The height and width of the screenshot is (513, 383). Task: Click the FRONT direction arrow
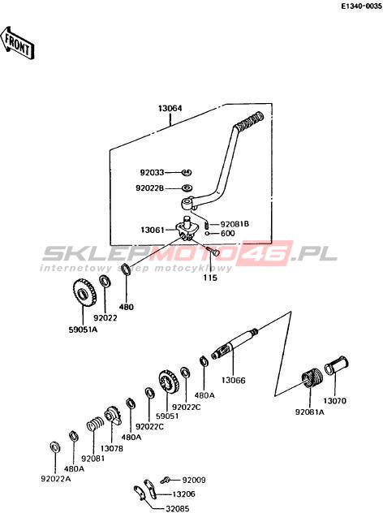click(x=17, y=44)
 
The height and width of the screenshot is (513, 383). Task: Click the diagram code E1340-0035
click(x=361, y=6)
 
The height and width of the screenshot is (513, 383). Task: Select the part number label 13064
click(x=170, y=108)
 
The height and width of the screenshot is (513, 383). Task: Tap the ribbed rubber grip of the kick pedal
click(x=250, y=122)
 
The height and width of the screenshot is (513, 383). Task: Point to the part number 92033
click(x=153, y=172)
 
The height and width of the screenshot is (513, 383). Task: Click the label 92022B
click(x=150, y=188)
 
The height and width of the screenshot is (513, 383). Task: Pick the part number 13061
click(x=153, y=230)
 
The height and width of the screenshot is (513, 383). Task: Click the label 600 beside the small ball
click(x=228, y=233)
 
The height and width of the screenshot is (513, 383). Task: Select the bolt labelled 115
click(x=213, y=252)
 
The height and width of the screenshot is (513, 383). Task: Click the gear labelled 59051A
click(x=84, y=293)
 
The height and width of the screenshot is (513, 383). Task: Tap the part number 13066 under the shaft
click(x=233, y=380)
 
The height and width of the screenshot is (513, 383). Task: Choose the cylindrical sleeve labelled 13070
click(x=337, y=365)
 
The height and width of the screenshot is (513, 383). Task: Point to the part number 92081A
click(x=310, y=412)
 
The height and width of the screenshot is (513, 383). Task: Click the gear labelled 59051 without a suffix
click(x=169, y=383)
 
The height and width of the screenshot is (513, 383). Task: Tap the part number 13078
click(x=112, y=449)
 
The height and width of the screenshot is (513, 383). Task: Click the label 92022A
click(x=56, y=479)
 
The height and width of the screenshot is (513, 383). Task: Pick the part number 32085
click(x=177, y=508)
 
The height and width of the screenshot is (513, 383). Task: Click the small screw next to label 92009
click(x=166, y=481)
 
